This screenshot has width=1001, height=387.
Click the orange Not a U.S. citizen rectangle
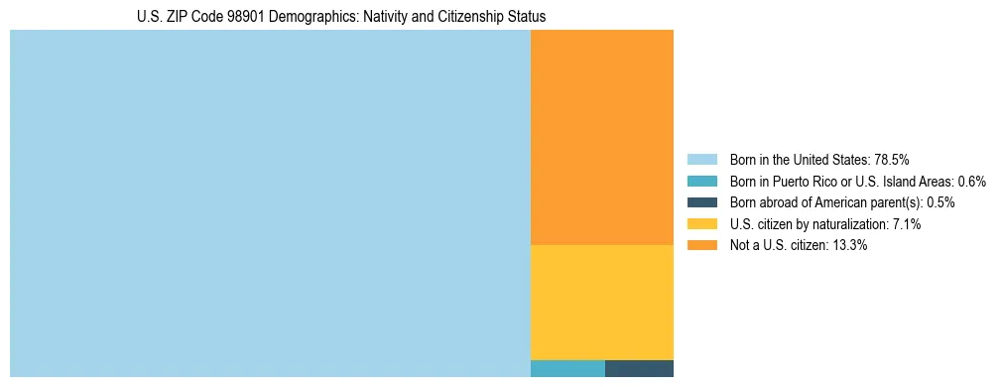(x=602, y=137)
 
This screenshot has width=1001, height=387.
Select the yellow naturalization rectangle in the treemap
(x=602, y=302)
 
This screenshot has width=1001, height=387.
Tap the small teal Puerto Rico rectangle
(x=567, y=368)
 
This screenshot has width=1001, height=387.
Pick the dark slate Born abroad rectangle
(x=639, y=368)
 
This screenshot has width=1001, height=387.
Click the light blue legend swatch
(x=701, y=159)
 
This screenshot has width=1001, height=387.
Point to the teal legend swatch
(x=701, y=181)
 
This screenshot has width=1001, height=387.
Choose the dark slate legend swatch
(x=701, y=202)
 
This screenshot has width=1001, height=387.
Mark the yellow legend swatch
(x=701, y=224)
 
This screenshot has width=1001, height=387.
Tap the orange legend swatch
(x=701, y=245)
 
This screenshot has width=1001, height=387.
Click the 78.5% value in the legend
(x=892, y=159)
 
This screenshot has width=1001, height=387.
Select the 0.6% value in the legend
(x=972, y=181)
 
